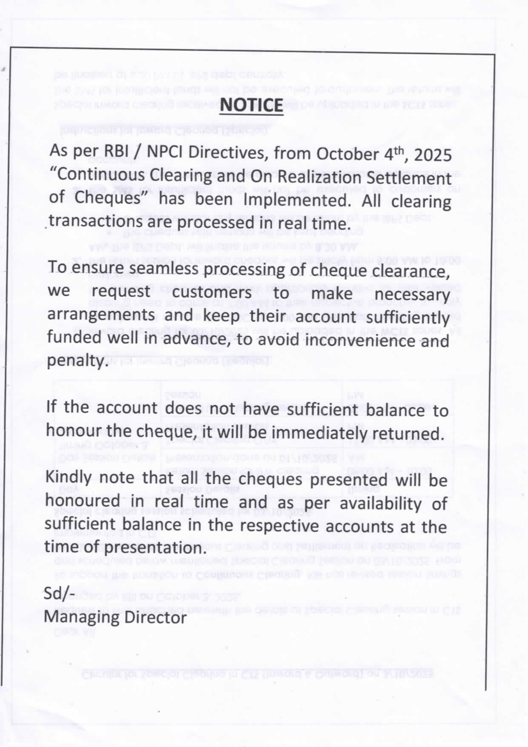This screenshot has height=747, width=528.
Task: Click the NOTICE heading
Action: coord(251,105)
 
